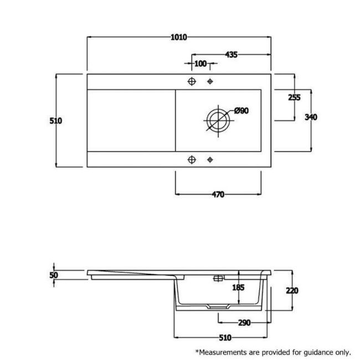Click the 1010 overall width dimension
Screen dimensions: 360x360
(179, 37)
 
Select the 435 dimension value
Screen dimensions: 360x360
(231, 55)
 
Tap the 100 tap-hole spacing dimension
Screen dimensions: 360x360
(200, 64)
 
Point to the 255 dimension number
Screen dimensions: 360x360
(294, 97)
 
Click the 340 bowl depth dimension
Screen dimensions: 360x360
(311, 117)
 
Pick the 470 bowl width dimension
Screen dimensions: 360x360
(218, 194)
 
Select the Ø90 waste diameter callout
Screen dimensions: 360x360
(241, 111)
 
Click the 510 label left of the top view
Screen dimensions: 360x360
(56, 121)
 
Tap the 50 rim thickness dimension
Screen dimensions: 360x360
(54, 275)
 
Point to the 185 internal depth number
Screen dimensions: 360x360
(238, 287)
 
